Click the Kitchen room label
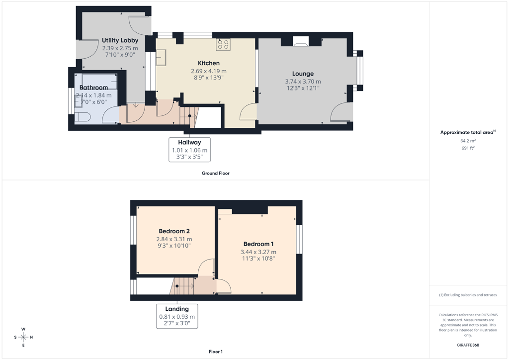[209, 63]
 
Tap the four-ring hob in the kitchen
[223, 44]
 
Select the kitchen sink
[161, 57]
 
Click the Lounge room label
[303, 74]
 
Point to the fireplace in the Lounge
[301, 41]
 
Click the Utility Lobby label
[120, 40]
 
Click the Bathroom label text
[93, 88]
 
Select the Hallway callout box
[189, 150]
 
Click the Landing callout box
[177, 316]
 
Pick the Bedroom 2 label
[174, 231]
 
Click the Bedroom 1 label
[258, 244]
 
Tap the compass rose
[23, 337]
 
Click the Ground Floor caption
[216, 174]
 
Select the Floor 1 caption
[216, 352]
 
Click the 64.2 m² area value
[468, 141]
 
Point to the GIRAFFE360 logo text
[468, 345]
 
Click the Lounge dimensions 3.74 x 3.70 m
[303, 82]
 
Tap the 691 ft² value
[468, 148]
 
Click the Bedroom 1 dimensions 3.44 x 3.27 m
[258, 252]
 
